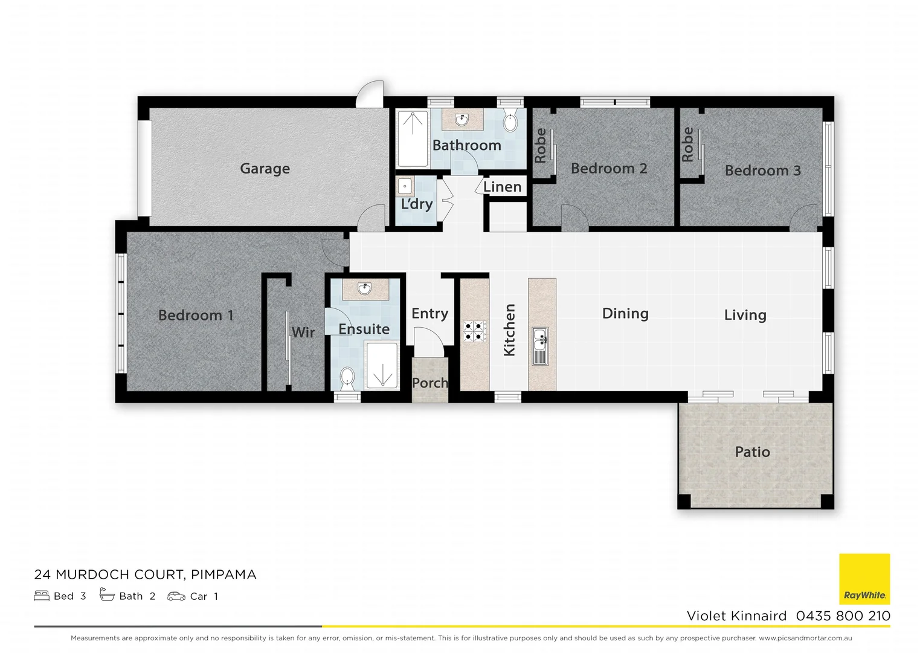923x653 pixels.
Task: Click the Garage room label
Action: click(265, 169)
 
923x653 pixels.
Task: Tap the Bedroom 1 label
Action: click(195, 315)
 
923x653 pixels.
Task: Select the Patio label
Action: click(752, 452)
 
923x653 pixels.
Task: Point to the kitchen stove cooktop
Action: click(474, 331)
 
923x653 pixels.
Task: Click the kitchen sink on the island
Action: click(540, 346)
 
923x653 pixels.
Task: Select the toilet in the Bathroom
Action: click(510, 123)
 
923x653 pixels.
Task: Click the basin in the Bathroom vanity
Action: click(461, 120)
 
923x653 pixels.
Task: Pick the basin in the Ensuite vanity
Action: click(364, 289)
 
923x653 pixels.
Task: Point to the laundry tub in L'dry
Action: click(405, 186)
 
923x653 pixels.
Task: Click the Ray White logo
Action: click(864, 579)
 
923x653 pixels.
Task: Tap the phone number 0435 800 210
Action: click(843, 616)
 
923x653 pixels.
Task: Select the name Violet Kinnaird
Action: click(736, 616)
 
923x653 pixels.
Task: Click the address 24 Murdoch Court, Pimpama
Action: click(145, 574)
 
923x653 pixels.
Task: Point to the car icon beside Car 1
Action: click(176, 596)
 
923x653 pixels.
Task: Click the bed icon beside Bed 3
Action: click(42, 596)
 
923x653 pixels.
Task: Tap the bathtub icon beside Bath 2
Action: click(107, 596)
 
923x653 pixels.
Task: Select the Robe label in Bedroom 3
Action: click(687, 145)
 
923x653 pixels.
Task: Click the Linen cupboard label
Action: click(502, 187)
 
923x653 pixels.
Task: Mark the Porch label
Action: click(429, 383)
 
